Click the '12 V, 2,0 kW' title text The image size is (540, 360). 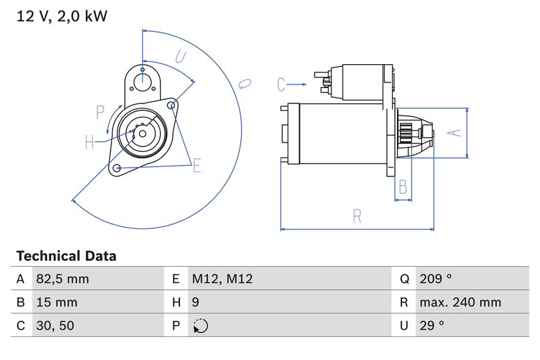point(61,16)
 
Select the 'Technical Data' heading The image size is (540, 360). point(66,256)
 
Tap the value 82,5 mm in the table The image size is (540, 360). point(61,279)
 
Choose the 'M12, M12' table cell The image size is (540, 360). point(222,279)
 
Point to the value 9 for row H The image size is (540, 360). point(196,303)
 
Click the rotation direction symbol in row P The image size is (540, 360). point(200,326)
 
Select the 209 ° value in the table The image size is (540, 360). point(435,279)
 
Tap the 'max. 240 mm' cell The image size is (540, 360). point(460,303)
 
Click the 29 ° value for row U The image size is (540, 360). point(431,326)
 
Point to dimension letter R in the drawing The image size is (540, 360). point(357,216)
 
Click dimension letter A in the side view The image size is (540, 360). point(456,133)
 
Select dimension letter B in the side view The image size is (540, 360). point(403,186)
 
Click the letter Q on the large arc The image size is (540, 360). point(244,84)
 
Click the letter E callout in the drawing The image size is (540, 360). point(197,165)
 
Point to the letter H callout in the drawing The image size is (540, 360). point(90,142)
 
